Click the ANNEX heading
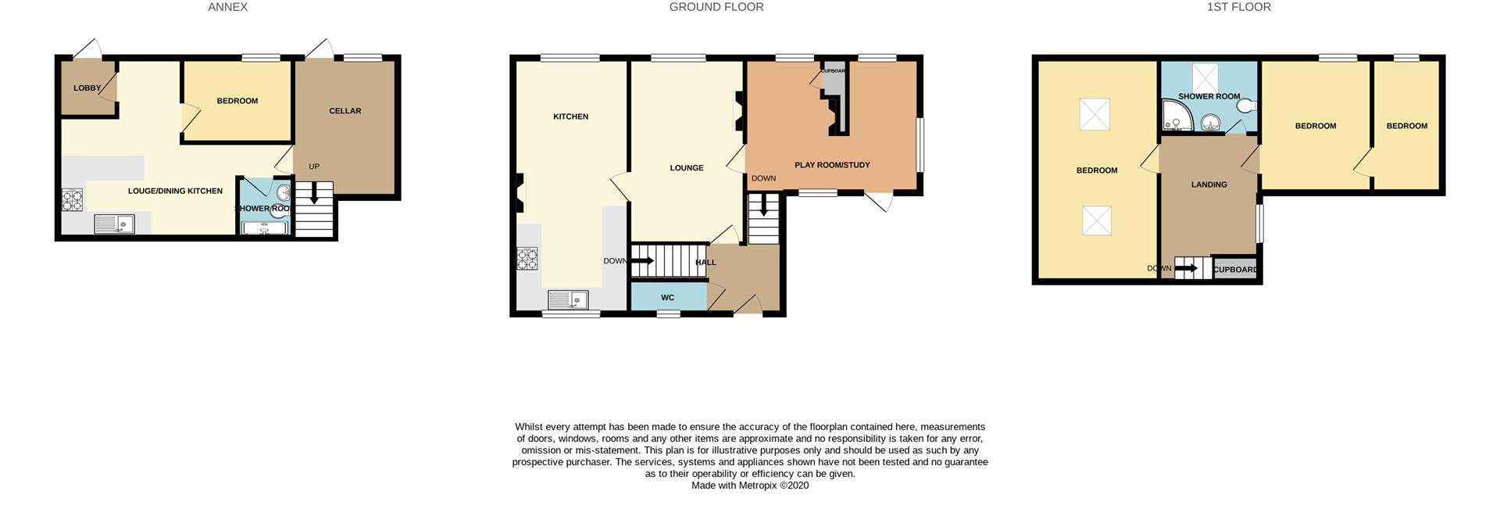tap(227, 7)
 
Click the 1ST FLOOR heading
tap(1238, 7)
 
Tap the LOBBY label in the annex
tap(87, 88)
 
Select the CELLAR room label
tap(345, 111)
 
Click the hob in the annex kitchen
tap(73, 200)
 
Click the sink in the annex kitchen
tap(114, 224)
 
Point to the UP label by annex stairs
tap(314, 167)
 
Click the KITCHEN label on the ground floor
tap(570, 116)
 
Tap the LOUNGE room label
tap(686, 168)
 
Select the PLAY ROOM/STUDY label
tap(831, 165)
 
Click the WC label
tap(667, 298)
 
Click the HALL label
tap(705, 263)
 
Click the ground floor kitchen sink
tap(568, 300)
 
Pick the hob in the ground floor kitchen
tap(527, 259)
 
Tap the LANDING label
tap(1209, 185)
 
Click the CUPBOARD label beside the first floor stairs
tap(1236, 270)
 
